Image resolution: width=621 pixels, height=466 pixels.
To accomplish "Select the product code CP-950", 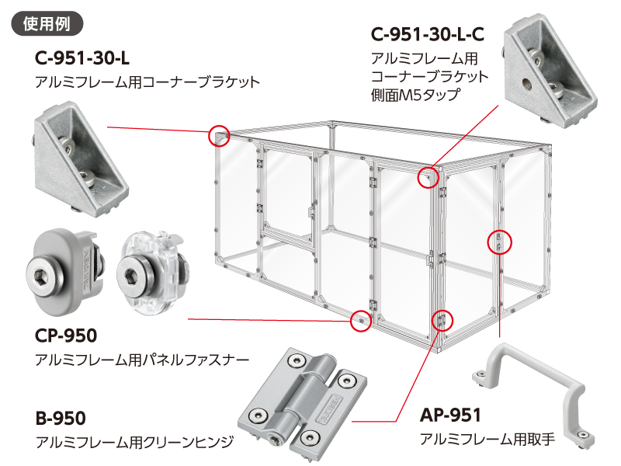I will click(x=66, y=336).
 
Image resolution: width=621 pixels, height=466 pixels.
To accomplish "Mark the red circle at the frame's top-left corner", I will click(x=220, y=136).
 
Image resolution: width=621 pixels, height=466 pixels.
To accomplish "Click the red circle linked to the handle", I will click(x=498, y=242).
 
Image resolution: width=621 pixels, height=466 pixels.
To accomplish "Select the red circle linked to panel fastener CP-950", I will click(x=360, y=319).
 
